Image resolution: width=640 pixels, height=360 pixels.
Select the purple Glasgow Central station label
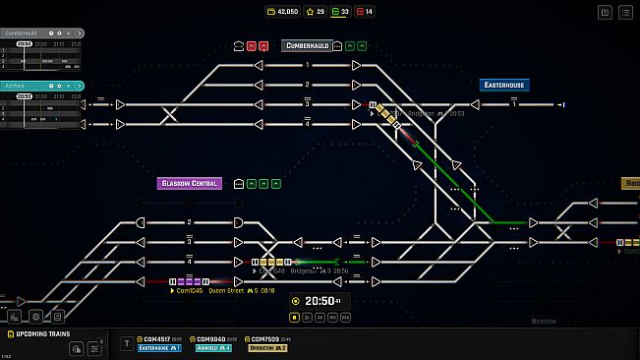[x=189, y=183]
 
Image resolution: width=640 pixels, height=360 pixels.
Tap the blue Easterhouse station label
[x=503, y=86]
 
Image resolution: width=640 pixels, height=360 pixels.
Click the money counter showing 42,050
[x=284, y=12]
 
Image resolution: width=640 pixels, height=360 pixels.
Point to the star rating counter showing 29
[x=315, y=12]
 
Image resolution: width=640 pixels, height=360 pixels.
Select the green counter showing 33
[x=340, y=12]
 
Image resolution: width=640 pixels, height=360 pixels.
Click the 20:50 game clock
[x=320, y=300]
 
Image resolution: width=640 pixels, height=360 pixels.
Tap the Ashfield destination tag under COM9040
[x=212, y=348]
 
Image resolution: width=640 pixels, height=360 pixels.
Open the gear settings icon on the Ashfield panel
[x=58, y=86]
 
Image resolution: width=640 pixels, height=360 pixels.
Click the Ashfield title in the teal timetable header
[x=15, y=86]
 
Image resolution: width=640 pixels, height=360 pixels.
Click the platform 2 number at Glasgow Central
[x=189, y=222]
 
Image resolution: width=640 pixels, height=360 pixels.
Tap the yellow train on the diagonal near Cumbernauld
[x=391, y=118]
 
